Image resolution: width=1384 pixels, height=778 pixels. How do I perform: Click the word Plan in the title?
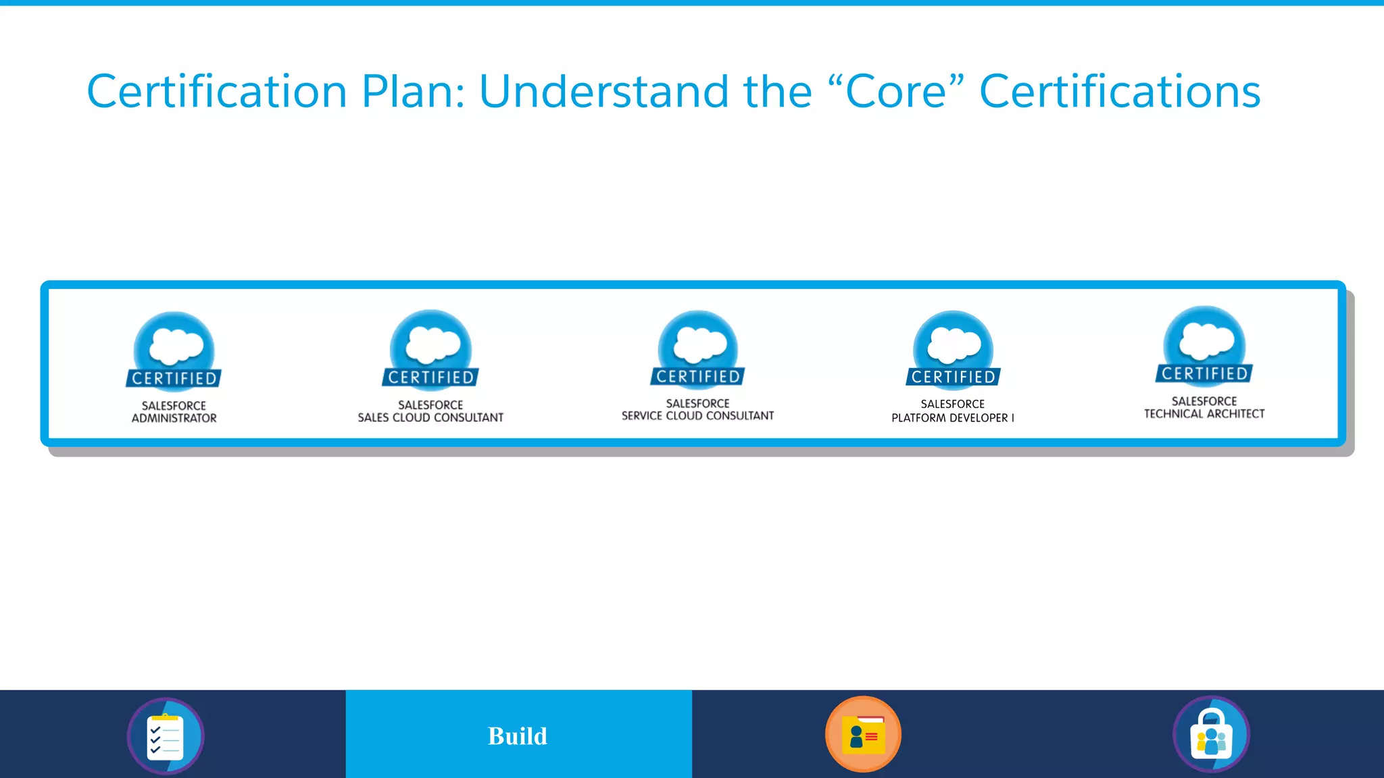pyautogui.click(x=412, y=92)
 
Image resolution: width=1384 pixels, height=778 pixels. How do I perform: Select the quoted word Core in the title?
pyautogui.click(x=895, y=92)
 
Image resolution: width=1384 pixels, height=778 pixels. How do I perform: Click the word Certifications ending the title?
pyautogui.click(x=1120, y=92)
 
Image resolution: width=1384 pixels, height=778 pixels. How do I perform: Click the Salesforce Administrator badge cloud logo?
pyautogui.click(x=175, y=345)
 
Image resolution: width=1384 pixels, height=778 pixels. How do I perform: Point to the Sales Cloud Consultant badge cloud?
pyautogui.click(x=432, y=344)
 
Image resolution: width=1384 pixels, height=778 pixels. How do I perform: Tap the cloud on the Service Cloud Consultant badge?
pyautogui.click(x=699, y=343)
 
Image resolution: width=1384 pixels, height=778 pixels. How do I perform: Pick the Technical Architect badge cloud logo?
pyautogui.click(x=1206, y=340)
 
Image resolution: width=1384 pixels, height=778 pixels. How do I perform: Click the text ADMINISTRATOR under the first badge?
pyautogui.click(x=174, y=419)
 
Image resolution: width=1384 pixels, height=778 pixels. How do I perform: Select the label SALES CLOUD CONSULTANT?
pyautogui.click(x=430, y=418)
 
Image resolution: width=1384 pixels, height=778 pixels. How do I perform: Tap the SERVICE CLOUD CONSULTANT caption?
pyautogui.click(x=697, y=416)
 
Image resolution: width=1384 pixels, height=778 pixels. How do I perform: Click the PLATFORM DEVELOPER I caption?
pyautogui.click(x=952, y=418)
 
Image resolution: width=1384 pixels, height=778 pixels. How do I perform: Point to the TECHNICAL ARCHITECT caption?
pyautogui.click(x=1204, y=414)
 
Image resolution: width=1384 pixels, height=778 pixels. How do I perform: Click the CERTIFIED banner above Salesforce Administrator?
pyautogui.click(x=174, y=378)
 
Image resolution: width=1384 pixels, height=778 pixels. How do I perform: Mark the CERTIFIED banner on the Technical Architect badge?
pyautogui.click(x=1204, y=373)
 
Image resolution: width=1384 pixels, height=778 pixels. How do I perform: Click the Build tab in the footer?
pyautogui.click(x=518, y=735)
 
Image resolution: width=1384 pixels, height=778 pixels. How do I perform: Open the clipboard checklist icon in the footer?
pyautogui.click(x=166, y=735)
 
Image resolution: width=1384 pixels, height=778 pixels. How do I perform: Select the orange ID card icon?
pyautogui.click(x=863, y=734)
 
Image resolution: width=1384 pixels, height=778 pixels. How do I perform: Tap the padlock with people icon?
pyautogui.click(x=1211, y=735)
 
